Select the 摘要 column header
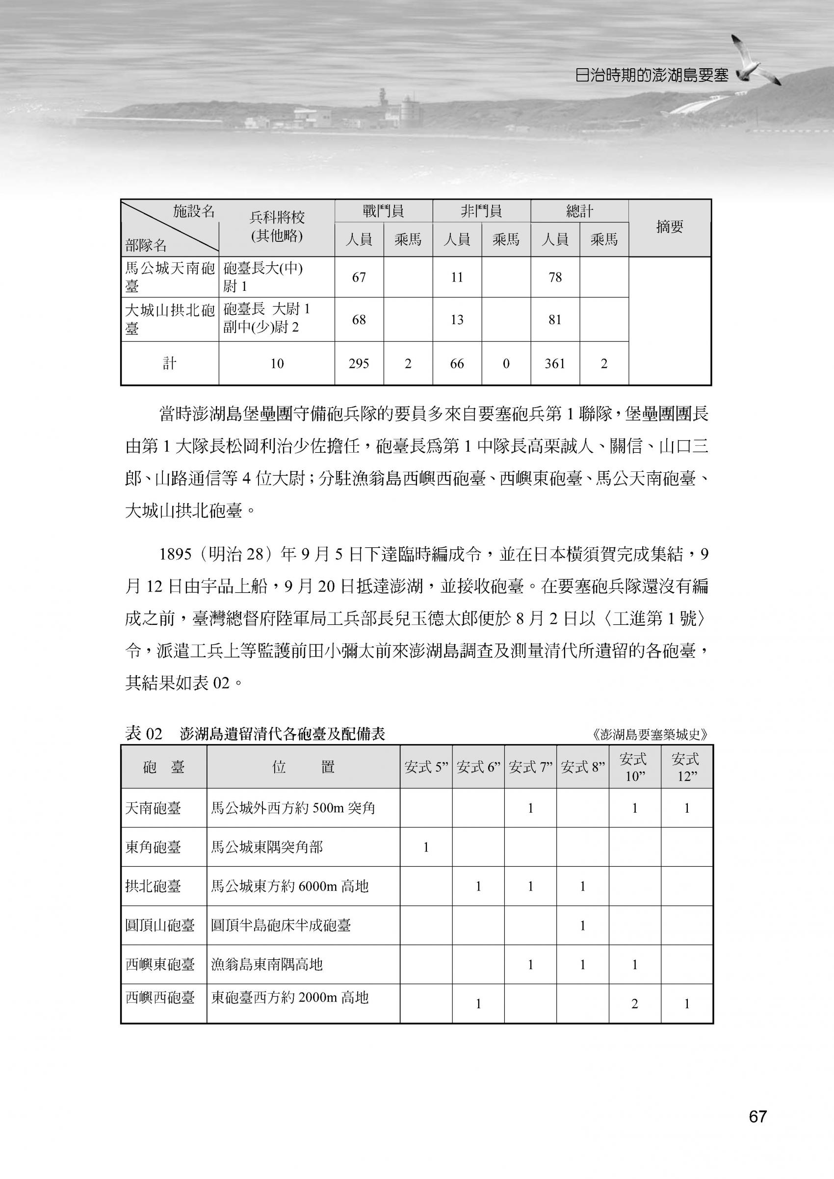click(670, 227)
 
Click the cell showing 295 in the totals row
click(359, 363)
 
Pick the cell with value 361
click(555, 363)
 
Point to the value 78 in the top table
click(555, 277)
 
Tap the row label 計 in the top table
click(169, 363)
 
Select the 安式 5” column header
click(426, 768)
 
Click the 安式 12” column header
click(686, 767)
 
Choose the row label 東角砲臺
click(153, 847)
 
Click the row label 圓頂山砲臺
click(160, 926)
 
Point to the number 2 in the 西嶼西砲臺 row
click(634, 1004)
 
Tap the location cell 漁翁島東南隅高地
click(267, 965)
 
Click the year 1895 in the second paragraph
click(176, 555)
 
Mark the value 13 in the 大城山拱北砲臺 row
click(457, 320)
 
